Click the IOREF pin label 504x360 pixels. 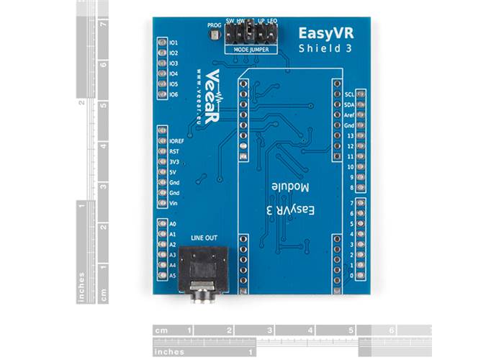(176, 141)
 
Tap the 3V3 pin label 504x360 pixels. (174, 162)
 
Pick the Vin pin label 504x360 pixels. (173, 204)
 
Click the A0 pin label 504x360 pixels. (172, 224)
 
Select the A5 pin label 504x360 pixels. (172, 276)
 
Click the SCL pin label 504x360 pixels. (349, 94)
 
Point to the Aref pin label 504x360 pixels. (349, 115)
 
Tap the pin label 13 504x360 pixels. (350, 135)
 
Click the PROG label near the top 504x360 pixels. (214, 24)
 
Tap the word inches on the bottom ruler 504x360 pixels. (170, 352)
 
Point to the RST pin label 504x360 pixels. (174, 152)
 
